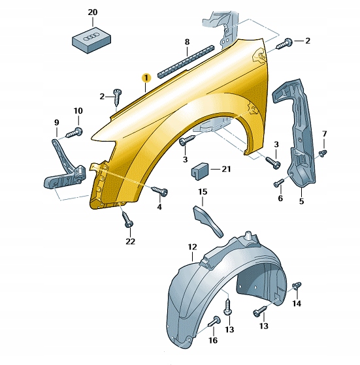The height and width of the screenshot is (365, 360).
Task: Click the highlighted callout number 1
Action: click(x=146, y=78)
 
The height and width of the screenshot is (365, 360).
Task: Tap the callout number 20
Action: click(x=92, y=12)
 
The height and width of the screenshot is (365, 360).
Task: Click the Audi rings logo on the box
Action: click(x=91, y=37)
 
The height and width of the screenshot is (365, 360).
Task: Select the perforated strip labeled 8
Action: click(x=186, y=61)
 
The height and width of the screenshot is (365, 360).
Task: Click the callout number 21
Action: click(x=225, y=169)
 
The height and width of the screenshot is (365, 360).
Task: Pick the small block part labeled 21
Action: click(x=200, y=171)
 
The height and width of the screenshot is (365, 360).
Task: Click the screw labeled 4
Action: click(x=160, y=191)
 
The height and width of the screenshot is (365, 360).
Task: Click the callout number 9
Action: click(x=57, y=123)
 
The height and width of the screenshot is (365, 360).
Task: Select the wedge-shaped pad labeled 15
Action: click(x=208, y=221)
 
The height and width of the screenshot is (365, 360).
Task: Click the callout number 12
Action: click(x=192, y=247)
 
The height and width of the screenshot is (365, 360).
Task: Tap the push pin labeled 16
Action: click(x=214, y=322)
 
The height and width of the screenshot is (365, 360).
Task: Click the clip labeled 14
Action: click(x=297, y=286)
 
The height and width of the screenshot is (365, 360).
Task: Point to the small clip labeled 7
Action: click(x=323, y=153)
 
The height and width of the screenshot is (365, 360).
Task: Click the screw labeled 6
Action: click(x=279, y=183)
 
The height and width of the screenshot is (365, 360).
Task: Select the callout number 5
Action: click(x=302, y=201)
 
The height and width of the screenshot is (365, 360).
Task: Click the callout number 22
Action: click(x=130, y=242)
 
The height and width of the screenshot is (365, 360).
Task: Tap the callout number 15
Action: click(x=203, y=192)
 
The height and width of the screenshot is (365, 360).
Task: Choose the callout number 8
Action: click(x=187, y=42)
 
